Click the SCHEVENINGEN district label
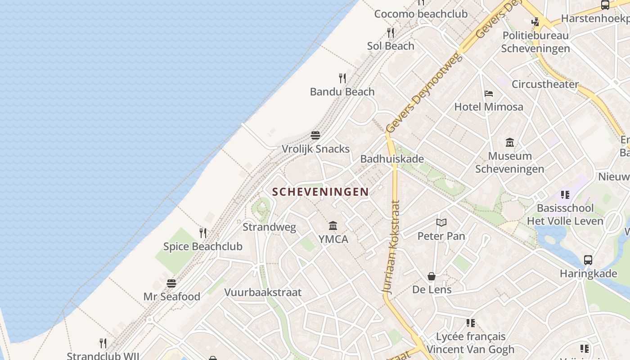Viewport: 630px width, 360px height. coord(320,192)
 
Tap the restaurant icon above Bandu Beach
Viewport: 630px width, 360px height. coord(342,78)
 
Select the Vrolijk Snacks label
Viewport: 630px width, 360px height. coord(315,149)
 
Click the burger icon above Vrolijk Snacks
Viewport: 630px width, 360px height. coord(315,135)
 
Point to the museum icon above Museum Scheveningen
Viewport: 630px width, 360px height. coord(510,143)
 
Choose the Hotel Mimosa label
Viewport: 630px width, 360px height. coord(489,107)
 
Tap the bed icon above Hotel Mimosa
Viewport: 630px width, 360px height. coord(489,94)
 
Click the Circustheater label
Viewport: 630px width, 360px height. coord(545,84)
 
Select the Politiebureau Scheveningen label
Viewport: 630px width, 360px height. coord(535,42)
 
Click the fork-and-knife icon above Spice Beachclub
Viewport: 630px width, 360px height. coord(203,233)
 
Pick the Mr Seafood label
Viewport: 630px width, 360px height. coord(172,297)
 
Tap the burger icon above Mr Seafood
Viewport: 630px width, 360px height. coord(171,283)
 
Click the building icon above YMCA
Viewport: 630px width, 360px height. coord(333,225)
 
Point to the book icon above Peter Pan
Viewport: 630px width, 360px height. coord(441,222)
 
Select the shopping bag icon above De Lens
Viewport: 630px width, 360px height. coord(432,276)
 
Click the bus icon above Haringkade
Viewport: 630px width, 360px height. coord(588,260)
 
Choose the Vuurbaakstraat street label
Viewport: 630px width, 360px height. coord(263,292)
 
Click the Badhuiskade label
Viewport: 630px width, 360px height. coord(392,159)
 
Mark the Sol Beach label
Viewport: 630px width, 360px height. coord(391,46)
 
